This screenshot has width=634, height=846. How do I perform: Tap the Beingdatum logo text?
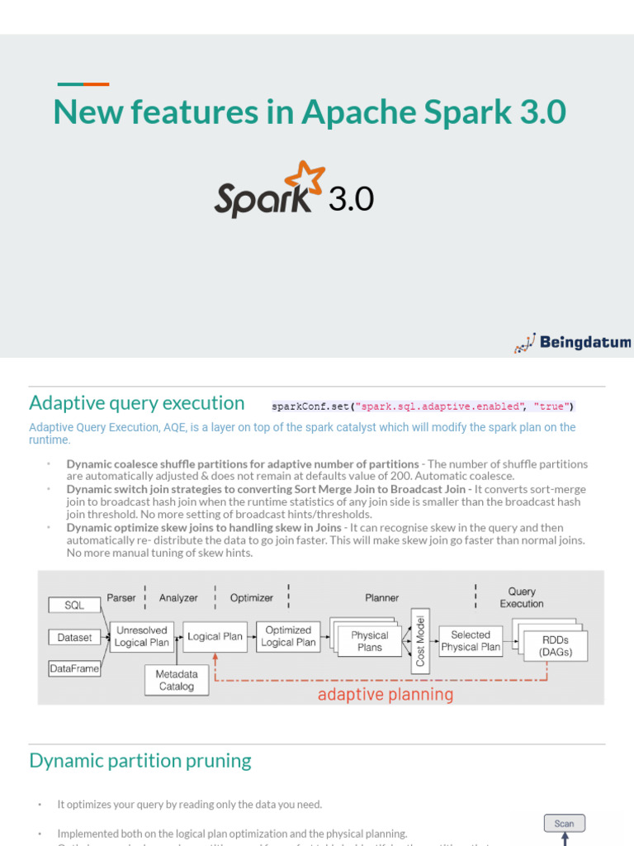[584, 342]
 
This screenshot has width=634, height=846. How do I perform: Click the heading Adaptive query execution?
[137, 403]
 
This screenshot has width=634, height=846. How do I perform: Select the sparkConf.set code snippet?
[423, 406]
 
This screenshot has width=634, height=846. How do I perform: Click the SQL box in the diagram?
[74, 606]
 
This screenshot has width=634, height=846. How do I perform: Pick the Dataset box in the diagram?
[74, 637]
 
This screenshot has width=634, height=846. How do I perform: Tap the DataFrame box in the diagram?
[74, 668]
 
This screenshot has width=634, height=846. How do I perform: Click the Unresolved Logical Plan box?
[142, 636]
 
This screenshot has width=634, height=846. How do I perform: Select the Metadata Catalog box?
[177, 680]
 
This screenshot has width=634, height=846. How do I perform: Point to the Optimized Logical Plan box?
[288, 636]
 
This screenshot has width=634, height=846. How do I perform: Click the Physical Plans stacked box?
[368, 640]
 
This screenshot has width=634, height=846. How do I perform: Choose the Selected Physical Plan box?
[471, 640]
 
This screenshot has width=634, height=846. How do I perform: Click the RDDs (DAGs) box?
[555, 645]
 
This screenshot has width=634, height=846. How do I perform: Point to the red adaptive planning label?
[386, 694]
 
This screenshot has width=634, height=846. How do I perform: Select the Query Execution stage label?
[522, 597]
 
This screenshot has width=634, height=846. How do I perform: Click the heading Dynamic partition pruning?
[140, 761]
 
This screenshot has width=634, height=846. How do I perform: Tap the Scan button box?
[565, 823]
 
